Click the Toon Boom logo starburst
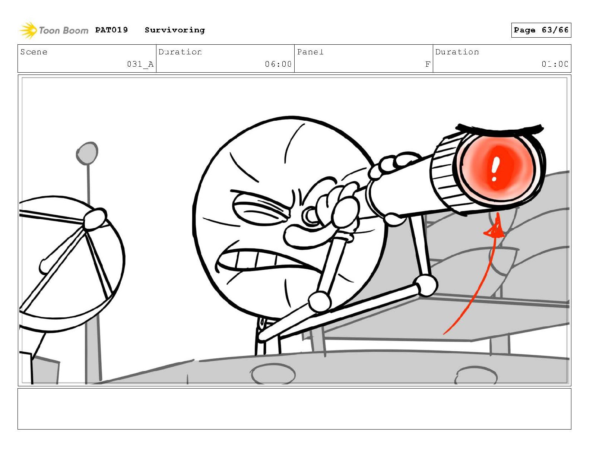28,30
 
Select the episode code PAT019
111,29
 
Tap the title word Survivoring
175,30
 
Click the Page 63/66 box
541,30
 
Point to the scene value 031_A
140,64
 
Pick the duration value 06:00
278,64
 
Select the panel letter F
427,64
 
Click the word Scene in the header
34,52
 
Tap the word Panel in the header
310,52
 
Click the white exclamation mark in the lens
495,169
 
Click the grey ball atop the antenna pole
87,153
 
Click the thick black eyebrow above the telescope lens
499,129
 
